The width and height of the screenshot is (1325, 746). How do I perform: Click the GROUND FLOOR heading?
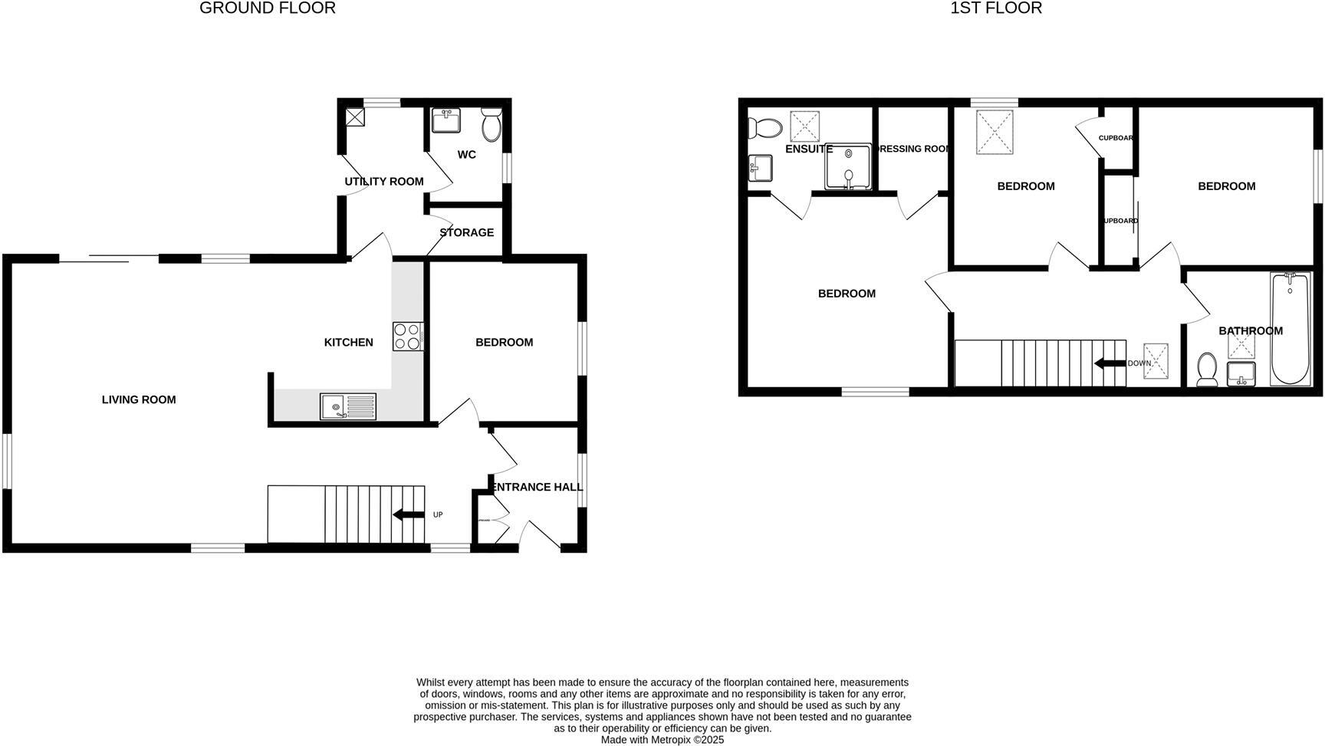267,8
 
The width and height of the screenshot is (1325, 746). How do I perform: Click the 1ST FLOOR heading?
995,8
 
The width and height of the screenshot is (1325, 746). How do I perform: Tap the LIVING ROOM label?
139,399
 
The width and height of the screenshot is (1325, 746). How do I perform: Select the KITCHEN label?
348,343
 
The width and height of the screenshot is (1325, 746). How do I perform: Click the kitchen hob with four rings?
408,336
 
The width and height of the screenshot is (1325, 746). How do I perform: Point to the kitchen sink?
348,406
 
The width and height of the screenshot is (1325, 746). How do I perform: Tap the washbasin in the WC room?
446,121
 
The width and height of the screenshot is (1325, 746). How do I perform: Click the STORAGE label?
466,232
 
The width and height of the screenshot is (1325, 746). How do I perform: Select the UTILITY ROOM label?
383,182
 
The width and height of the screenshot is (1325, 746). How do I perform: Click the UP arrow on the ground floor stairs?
408,514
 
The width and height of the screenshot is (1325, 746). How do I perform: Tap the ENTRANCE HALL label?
537,487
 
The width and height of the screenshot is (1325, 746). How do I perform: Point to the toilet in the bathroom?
1207,370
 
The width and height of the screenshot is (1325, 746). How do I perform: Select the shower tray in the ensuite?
848,166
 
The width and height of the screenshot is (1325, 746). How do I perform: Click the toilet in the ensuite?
764,127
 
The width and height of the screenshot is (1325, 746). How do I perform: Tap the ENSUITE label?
808,149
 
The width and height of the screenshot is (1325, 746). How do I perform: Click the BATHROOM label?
1250,331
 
